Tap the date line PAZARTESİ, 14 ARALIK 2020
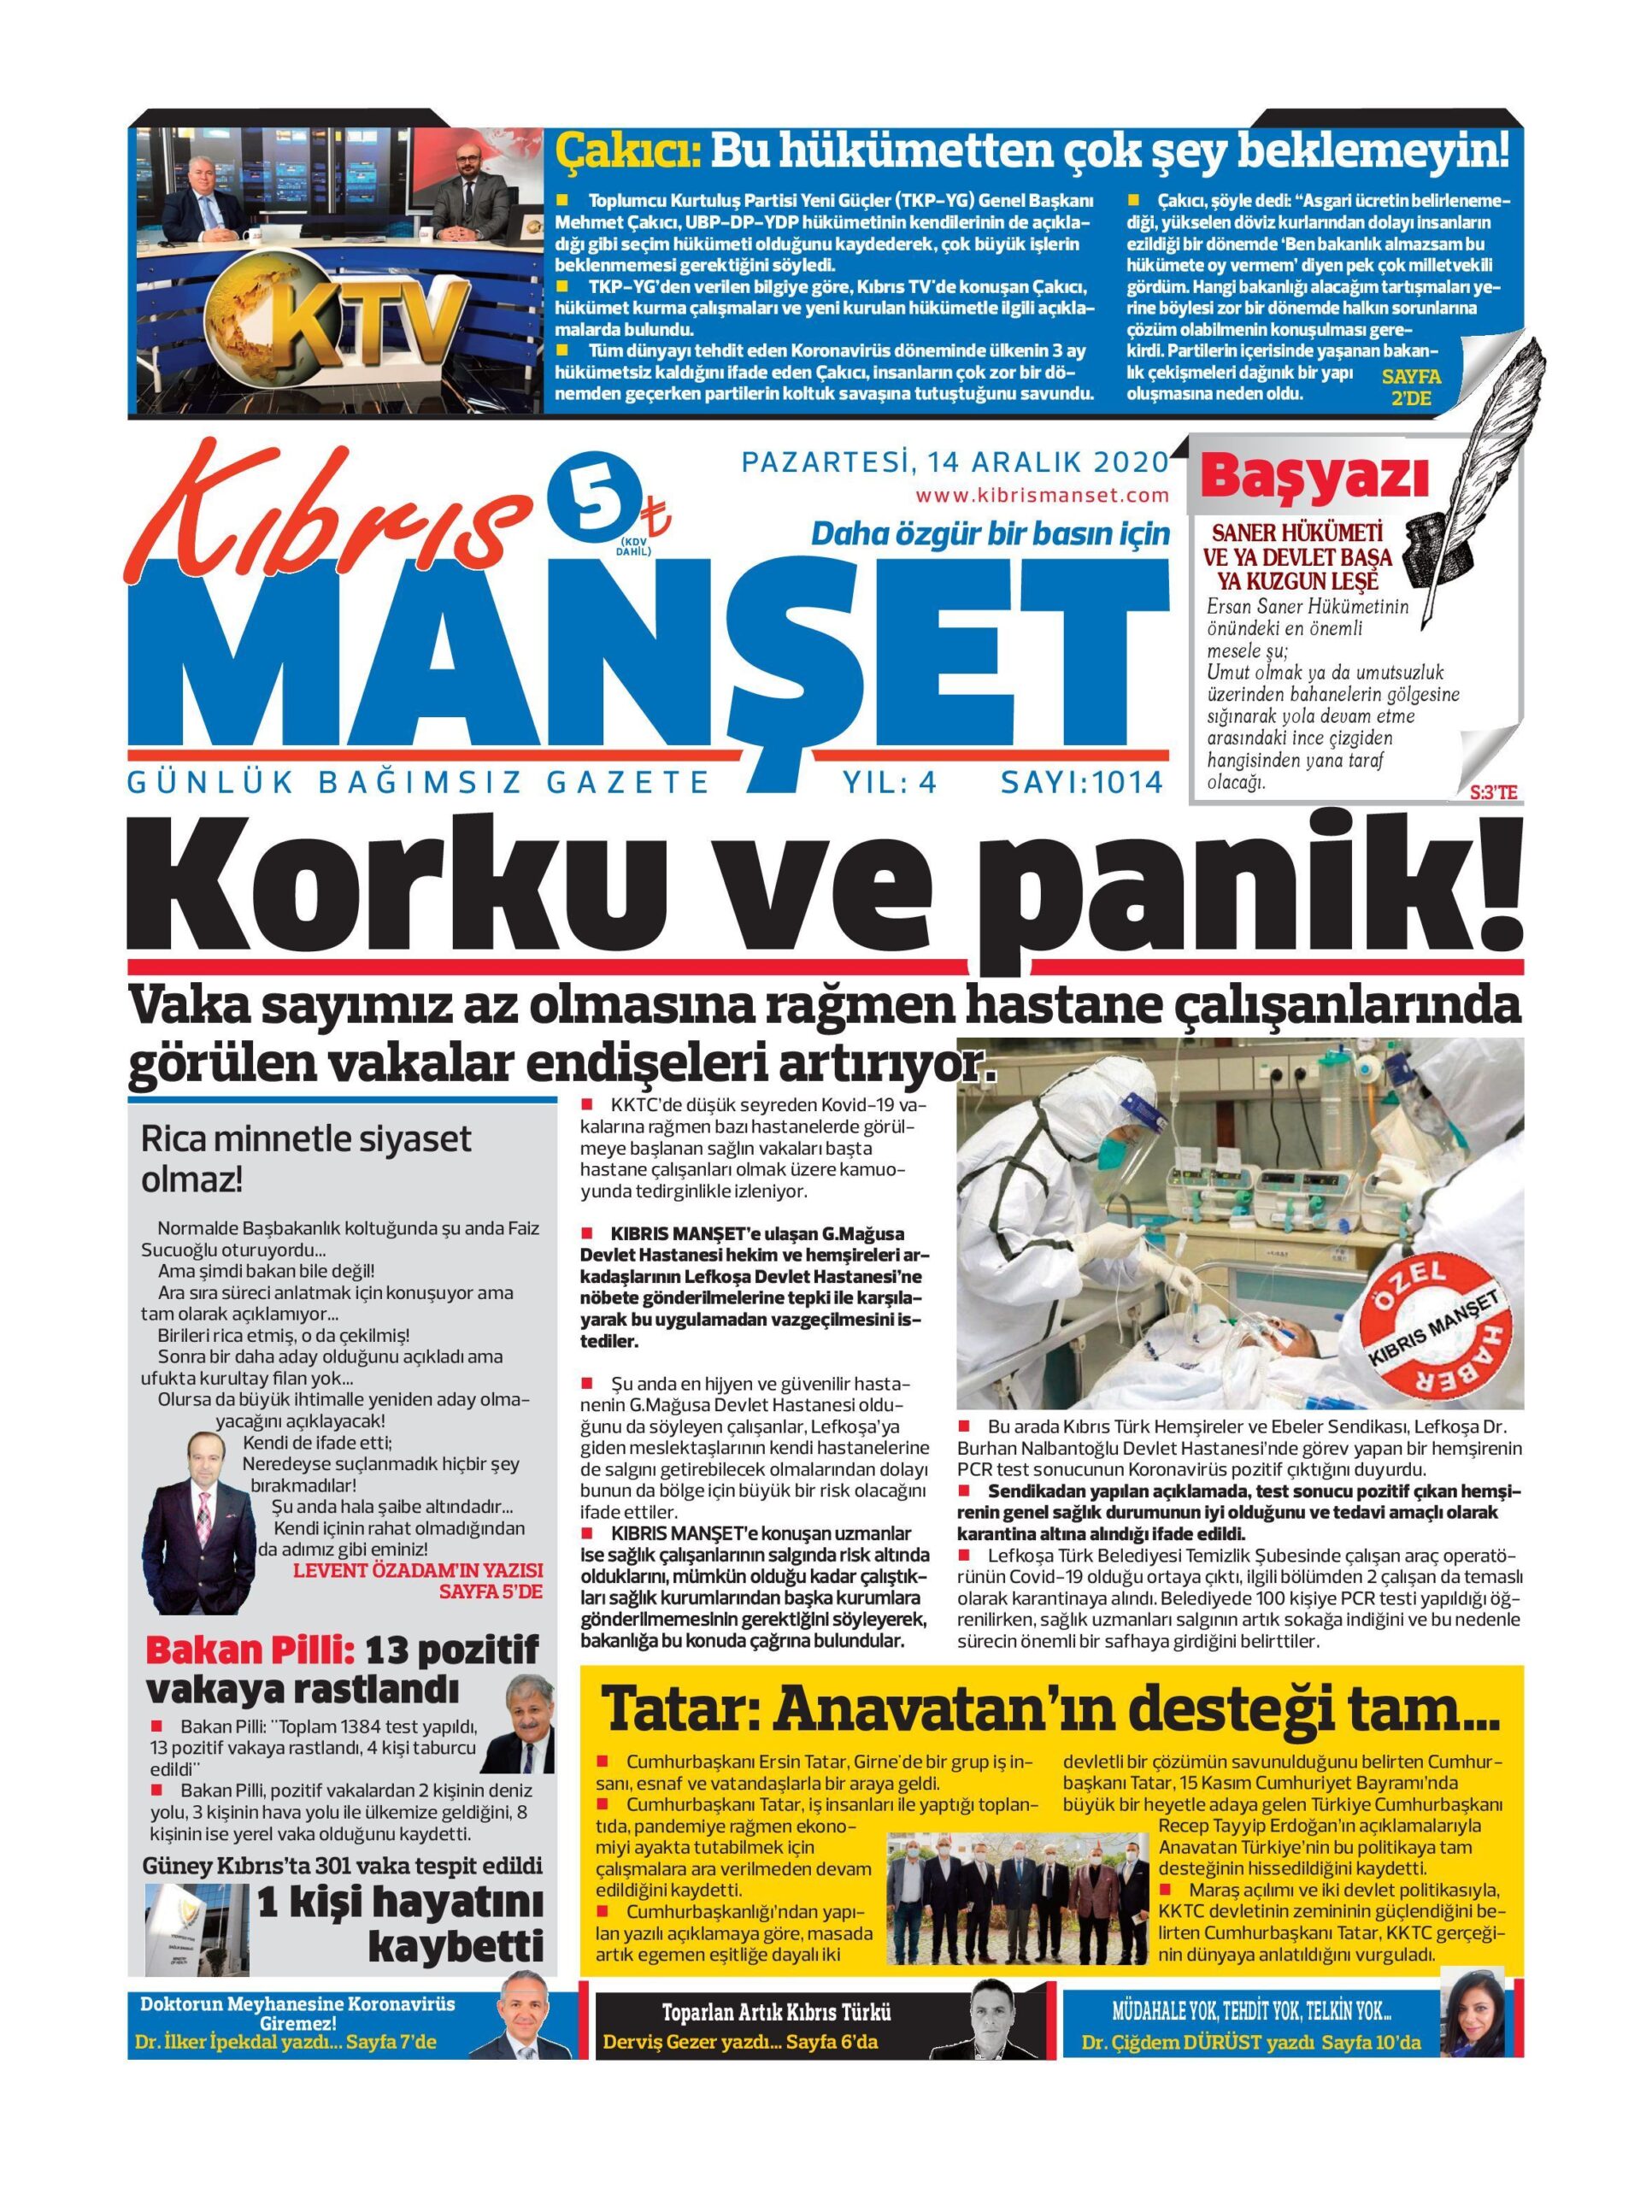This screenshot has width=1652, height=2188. click(955, 463)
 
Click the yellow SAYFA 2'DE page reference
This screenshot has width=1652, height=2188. click(1412, 388)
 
